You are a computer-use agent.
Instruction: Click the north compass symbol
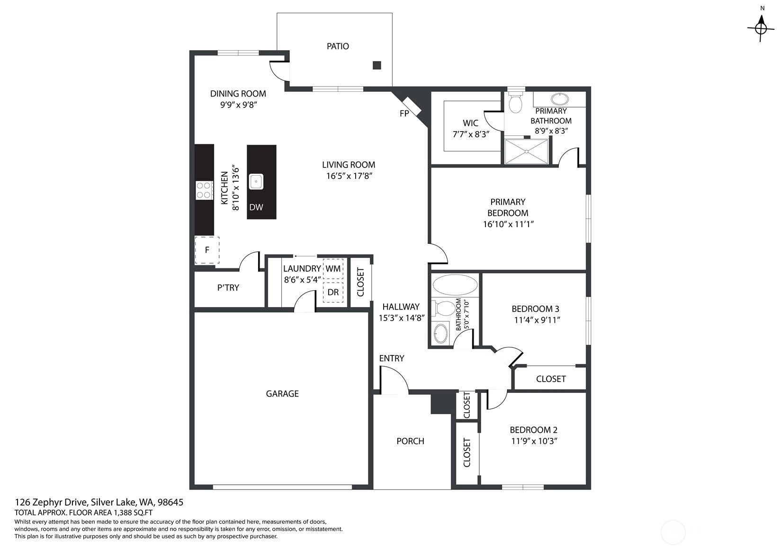[x=761, y=28]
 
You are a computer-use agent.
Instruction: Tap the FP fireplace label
[x=404, y=114]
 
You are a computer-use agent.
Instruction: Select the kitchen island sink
[x=256, y=182]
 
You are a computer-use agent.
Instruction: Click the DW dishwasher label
[x=256, y=207]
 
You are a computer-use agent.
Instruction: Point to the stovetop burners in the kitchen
[x=204, y=190]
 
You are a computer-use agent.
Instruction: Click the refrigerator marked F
[x=207, y=250]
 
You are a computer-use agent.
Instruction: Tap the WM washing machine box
[x=333, y=269]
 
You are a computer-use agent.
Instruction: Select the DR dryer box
[x=333, y=292]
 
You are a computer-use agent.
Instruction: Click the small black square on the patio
[x=377, y=65]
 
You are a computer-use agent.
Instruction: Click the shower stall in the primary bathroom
[x=526, y=151]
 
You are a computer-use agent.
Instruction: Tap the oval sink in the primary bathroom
[x=560, y=99]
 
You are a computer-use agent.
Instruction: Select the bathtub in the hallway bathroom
[x=455, y=284]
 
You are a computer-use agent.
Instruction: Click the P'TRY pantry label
[x=228, y=287]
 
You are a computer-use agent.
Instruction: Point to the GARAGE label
[x=282, y=394]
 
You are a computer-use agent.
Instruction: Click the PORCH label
[x=410, y=441]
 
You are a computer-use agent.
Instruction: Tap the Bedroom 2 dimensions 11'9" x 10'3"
[x=534, y=441]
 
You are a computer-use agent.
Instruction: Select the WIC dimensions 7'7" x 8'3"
[x=471, y=134]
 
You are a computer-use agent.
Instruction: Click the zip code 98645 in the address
[x=170, y=502]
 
